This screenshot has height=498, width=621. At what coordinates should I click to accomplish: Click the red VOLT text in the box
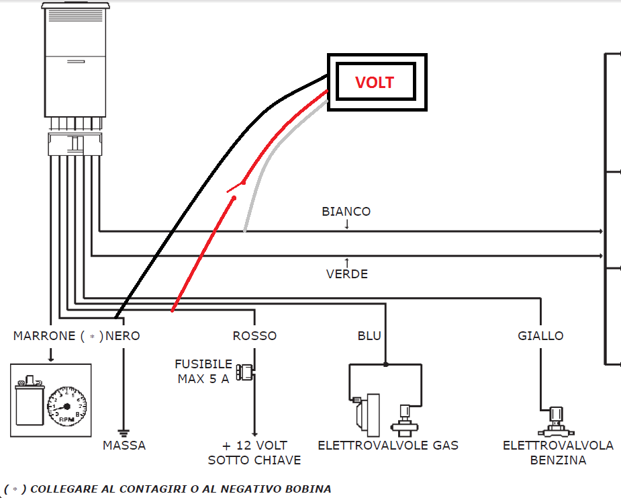tap(375, 83)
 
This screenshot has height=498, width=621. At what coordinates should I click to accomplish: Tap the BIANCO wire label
tap(346, 212)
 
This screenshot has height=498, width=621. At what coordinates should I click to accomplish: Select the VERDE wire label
tap(347, 274)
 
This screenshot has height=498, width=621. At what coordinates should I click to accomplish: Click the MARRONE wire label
tap(44, 336)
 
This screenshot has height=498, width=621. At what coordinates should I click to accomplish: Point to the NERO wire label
tap(123, 336)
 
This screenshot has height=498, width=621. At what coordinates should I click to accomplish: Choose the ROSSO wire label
tap(254, 336)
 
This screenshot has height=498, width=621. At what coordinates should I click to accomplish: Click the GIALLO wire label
tap(540, 336)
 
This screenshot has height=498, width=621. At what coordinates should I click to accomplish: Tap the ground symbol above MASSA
tap(123, 432)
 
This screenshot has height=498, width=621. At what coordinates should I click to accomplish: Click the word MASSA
tap(124, 446)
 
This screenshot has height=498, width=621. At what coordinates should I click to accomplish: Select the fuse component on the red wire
tap(247, 371)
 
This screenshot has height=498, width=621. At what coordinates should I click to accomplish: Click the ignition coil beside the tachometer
tap(30, 401)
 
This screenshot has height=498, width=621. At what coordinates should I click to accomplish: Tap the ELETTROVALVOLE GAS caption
tap(387, 446)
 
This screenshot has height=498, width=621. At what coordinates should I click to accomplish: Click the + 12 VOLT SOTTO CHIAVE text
tap(254, 453)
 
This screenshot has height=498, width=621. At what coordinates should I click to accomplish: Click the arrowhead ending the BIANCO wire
tap(600, 231)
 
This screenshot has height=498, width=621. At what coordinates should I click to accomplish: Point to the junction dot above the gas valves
tap(386, 365)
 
